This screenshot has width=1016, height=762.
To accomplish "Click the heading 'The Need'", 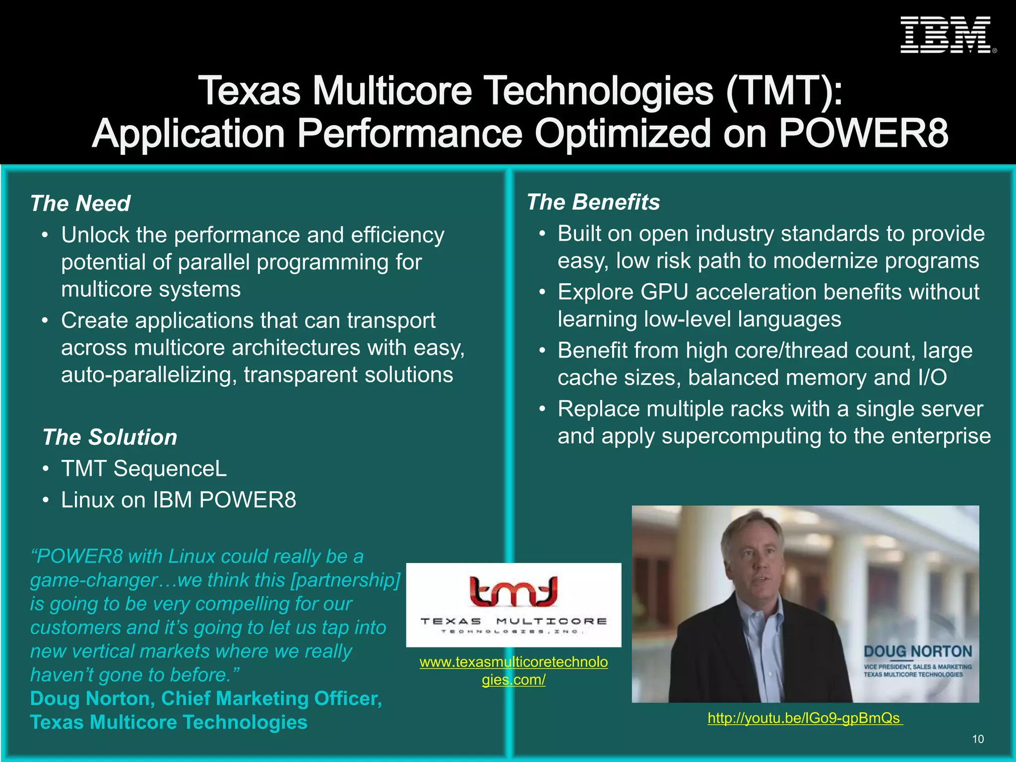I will click(80, 203).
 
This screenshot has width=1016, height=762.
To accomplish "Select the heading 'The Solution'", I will click(110, 437).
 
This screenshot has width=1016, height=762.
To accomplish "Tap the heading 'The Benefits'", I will click(593, 202).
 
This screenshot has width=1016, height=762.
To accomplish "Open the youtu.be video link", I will click(804, 718).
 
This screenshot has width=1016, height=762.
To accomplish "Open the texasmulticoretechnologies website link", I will click(513, 670).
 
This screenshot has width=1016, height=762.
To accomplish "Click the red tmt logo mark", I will click(513, 591).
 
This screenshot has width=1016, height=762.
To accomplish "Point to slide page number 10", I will click(977, 739).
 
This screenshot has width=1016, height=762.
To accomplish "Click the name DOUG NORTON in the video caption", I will click(918, 651).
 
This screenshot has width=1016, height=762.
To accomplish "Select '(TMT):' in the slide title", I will click(784, 91).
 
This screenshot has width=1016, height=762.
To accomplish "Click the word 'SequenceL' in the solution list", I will click(170, 468).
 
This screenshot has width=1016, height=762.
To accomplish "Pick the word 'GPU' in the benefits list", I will click(664, 292).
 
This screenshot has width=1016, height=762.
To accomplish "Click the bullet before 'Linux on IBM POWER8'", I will click(45, 500).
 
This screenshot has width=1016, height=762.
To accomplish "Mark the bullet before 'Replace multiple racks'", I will click(542, 409).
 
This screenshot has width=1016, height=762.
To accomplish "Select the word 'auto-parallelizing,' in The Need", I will click(149, 375).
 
